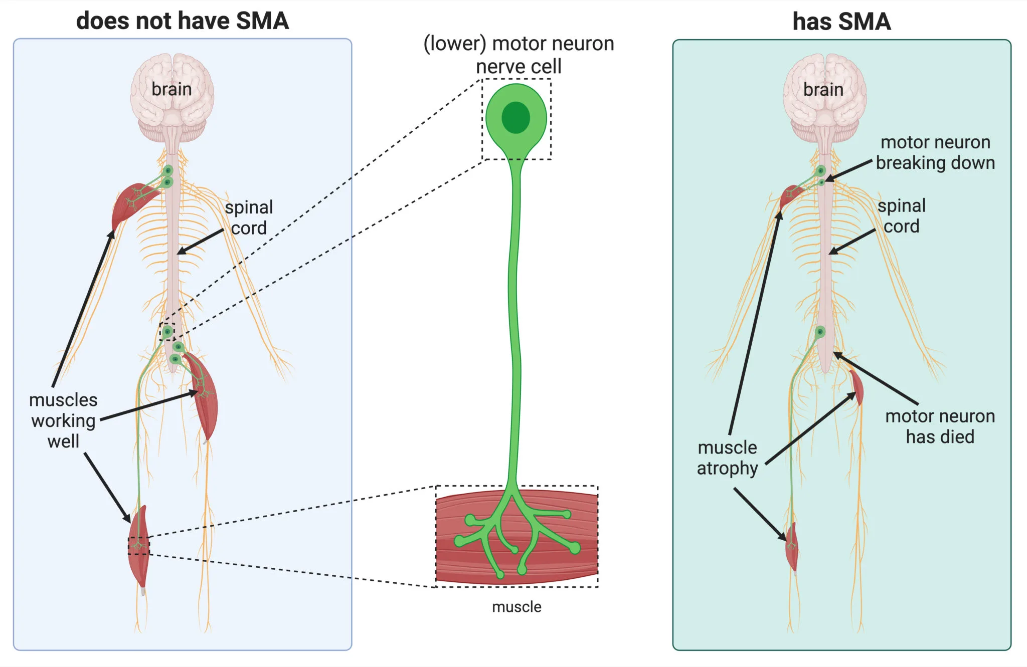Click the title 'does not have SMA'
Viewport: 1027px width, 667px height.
click(182, 21)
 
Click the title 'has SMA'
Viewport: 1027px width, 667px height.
click(841, 22)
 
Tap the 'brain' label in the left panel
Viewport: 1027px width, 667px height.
click(172, 89)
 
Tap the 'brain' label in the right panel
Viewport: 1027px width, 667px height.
click(823, 90)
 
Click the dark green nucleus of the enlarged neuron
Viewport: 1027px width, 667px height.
click(516, 117)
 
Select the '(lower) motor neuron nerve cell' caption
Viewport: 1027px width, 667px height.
click(519, 55)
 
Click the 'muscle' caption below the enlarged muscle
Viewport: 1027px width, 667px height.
click(517, 607)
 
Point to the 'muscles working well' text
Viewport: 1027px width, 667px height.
click(63, 420)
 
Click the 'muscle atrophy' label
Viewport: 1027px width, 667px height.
click(727, 458)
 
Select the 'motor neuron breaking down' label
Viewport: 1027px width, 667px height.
click(935, 152)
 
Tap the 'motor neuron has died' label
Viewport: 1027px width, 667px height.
click(940, 426)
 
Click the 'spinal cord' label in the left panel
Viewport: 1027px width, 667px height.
click(249, 217)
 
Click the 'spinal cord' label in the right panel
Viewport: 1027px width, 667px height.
click(901, 216)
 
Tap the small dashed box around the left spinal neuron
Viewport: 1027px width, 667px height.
click(167, 331)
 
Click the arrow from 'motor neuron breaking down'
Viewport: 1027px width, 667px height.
click(849, 170)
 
